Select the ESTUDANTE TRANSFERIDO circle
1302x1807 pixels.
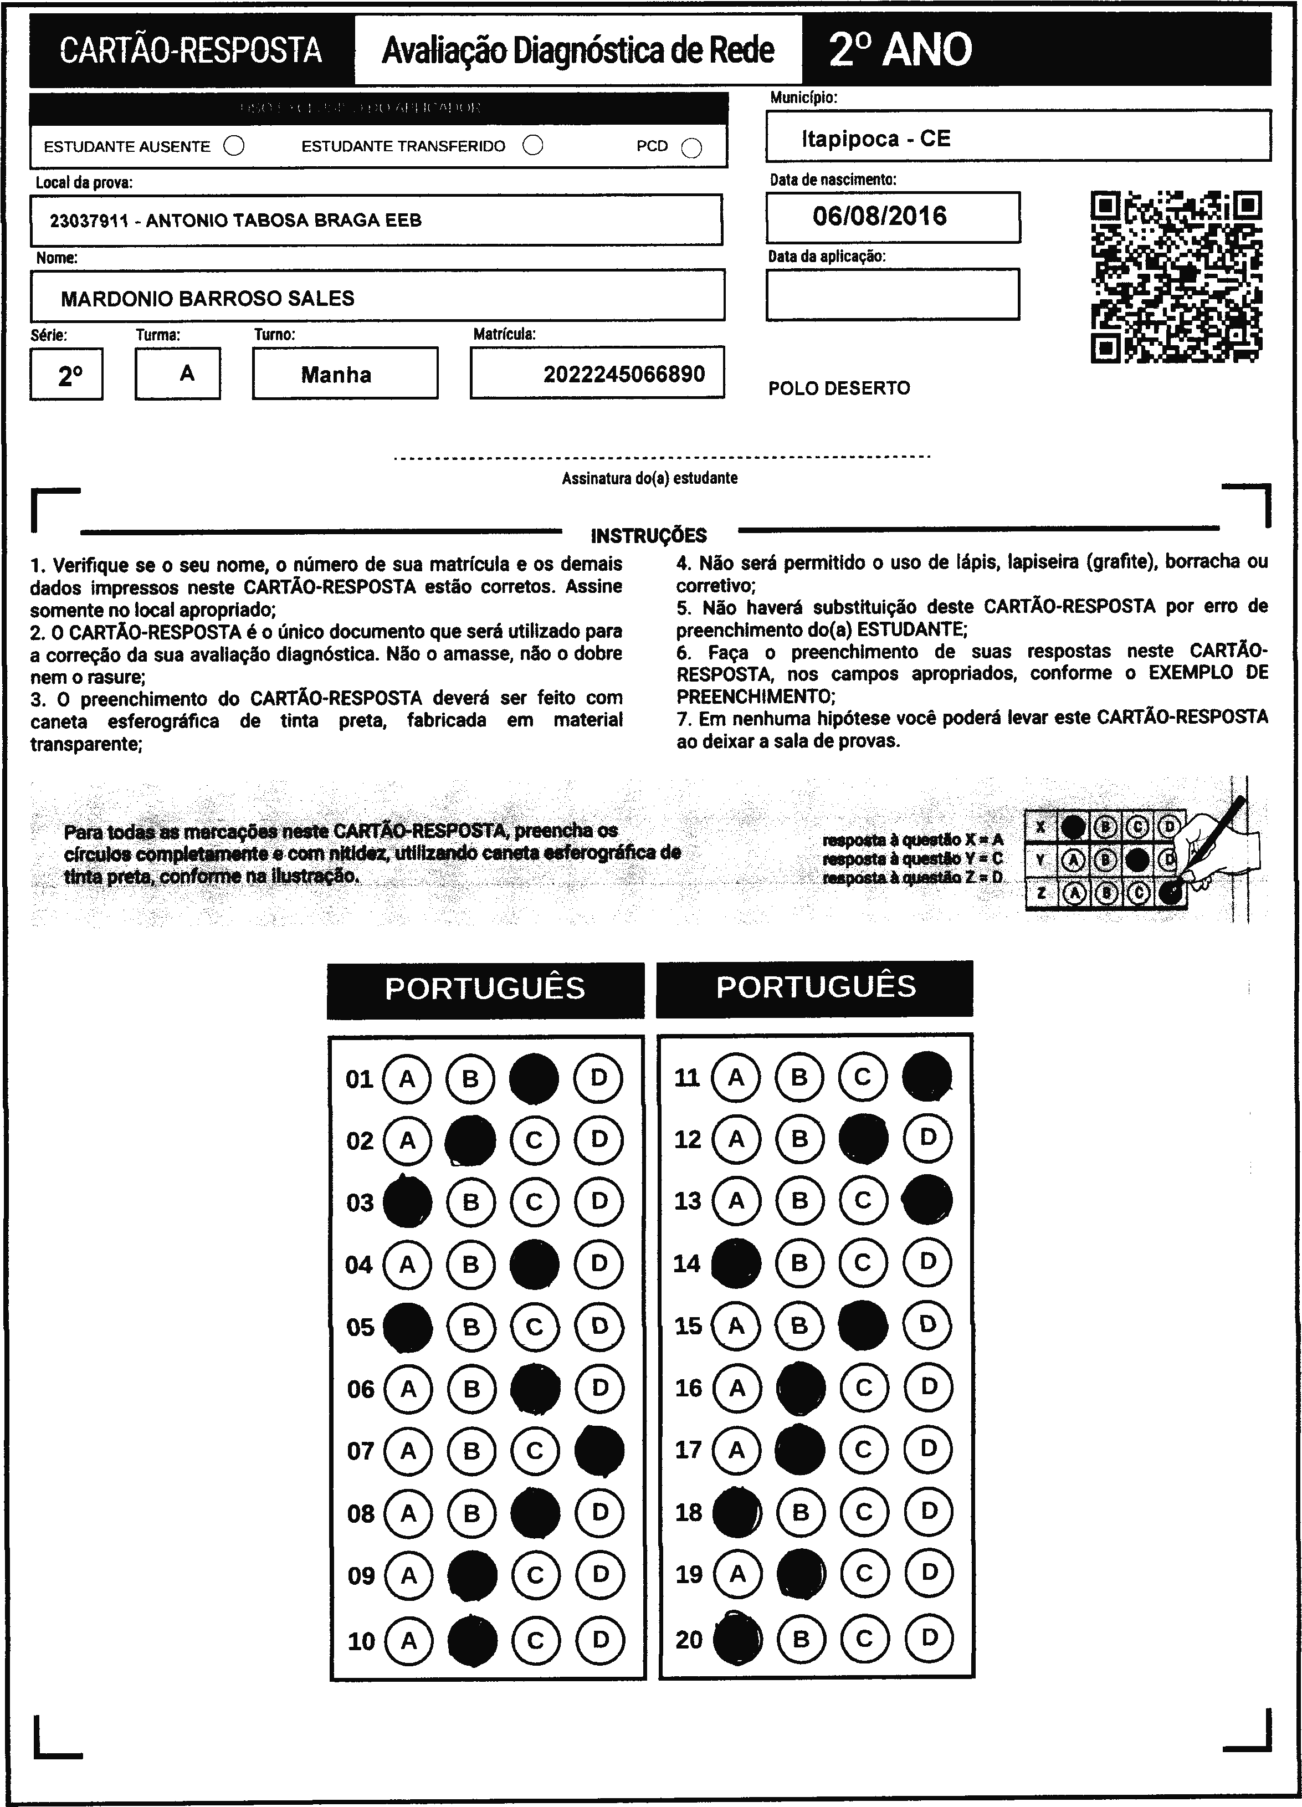coord(533,145)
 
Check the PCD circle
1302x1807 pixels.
coord(691,148)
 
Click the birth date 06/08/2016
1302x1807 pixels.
coord(880,216)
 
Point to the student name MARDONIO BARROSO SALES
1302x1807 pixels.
coord(207,299)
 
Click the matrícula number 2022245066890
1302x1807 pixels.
coord(624,373)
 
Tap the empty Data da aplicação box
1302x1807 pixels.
coord(893,295)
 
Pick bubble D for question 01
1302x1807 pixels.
coord(598,1078)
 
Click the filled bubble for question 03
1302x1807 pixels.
coord(407,1202)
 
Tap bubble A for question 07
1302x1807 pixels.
coord(408,1451)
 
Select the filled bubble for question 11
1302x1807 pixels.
coord(927,1077)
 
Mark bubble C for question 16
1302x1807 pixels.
coord(864,1388)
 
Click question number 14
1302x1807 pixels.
coord(687,1263)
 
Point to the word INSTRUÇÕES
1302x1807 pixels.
coord(649,535)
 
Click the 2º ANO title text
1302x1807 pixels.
coord(900,49)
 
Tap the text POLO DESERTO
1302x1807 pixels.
coord(839,388)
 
